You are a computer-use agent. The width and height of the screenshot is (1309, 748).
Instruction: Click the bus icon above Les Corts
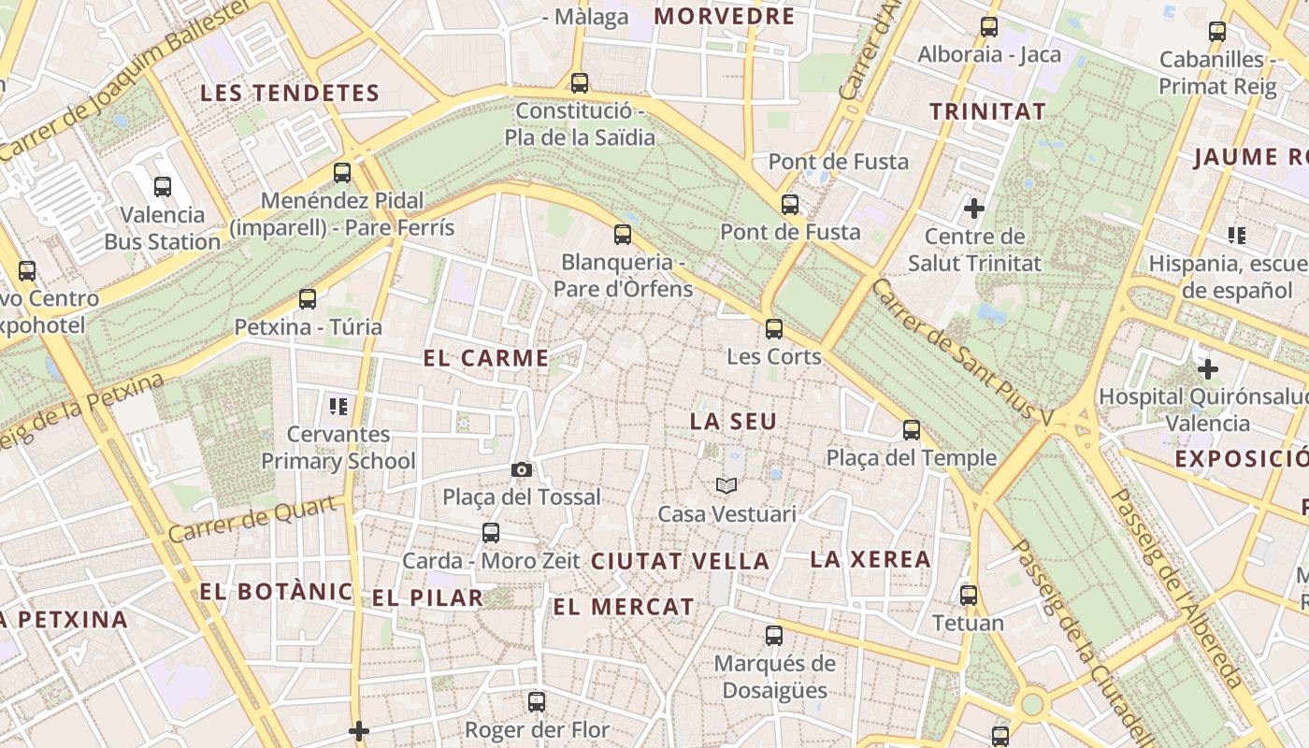(774, 328)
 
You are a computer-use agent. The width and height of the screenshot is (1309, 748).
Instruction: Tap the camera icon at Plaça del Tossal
(522, 469)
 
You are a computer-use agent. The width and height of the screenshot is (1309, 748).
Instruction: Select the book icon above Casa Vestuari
(726, 485)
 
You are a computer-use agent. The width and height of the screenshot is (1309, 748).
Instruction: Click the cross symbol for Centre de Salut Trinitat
(974, 208)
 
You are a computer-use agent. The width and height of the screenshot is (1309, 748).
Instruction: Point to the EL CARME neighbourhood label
(486, 358)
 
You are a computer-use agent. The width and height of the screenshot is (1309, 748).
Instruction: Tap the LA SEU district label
(733, 422)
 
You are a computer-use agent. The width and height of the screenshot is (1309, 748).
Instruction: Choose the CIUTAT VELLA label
(681, 562)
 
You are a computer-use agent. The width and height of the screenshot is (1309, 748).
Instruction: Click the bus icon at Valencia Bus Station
(163, 186)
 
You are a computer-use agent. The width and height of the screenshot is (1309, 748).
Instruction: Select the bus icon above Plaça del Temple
(912, 430)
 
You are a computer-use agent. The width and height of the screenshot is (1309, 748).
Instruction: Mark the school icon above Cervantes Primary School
(338, 406)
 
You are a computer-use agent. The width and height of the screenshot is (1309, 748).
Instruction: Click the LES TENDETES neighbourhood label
(290, 93)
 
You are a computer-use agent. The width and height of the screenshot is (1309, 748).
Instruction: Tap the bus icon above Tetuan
(969, 595)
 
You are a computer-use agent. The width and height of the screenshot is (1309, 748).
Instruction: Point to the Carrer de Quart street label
(252, 520)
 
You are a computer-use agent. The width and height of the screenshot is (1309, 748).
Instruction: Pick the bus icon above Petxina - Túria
(308, 299)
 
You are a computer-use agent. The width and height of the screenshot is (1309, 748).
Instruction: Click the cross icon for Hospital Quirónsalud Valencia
(1208, 368)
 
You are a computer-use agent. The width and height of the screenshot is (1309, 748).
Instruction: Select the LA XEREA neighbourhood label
(870, 560)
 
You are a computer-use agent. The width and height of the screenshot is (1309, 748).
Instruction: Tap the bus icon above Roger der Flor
(537, 701)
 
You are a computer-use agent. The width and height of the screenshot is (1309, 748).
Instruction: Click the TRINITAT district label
(987, 112)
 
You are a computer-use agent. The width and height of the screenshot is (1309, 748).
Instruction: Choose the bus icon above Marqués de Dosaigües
(774, 636)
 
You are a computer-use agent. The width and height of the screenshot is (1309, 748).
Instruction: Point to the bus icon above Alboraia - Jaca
(989, 27)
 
